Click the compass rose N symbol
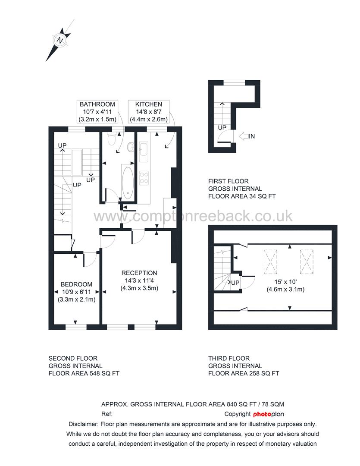pyautogui.click(x=60, y=41)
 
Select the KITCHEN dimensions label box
pyautogui.click(x=149, y=111)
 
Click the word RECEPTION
pyautogui.click(x=139, y=273)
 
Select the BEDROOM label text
pyautogui.click(x=76, y=284)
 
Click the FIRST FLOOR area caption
pyautogui.click(x=241, y=189)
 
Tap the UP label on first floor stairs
pyautogui.click(x=222, y=128)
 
